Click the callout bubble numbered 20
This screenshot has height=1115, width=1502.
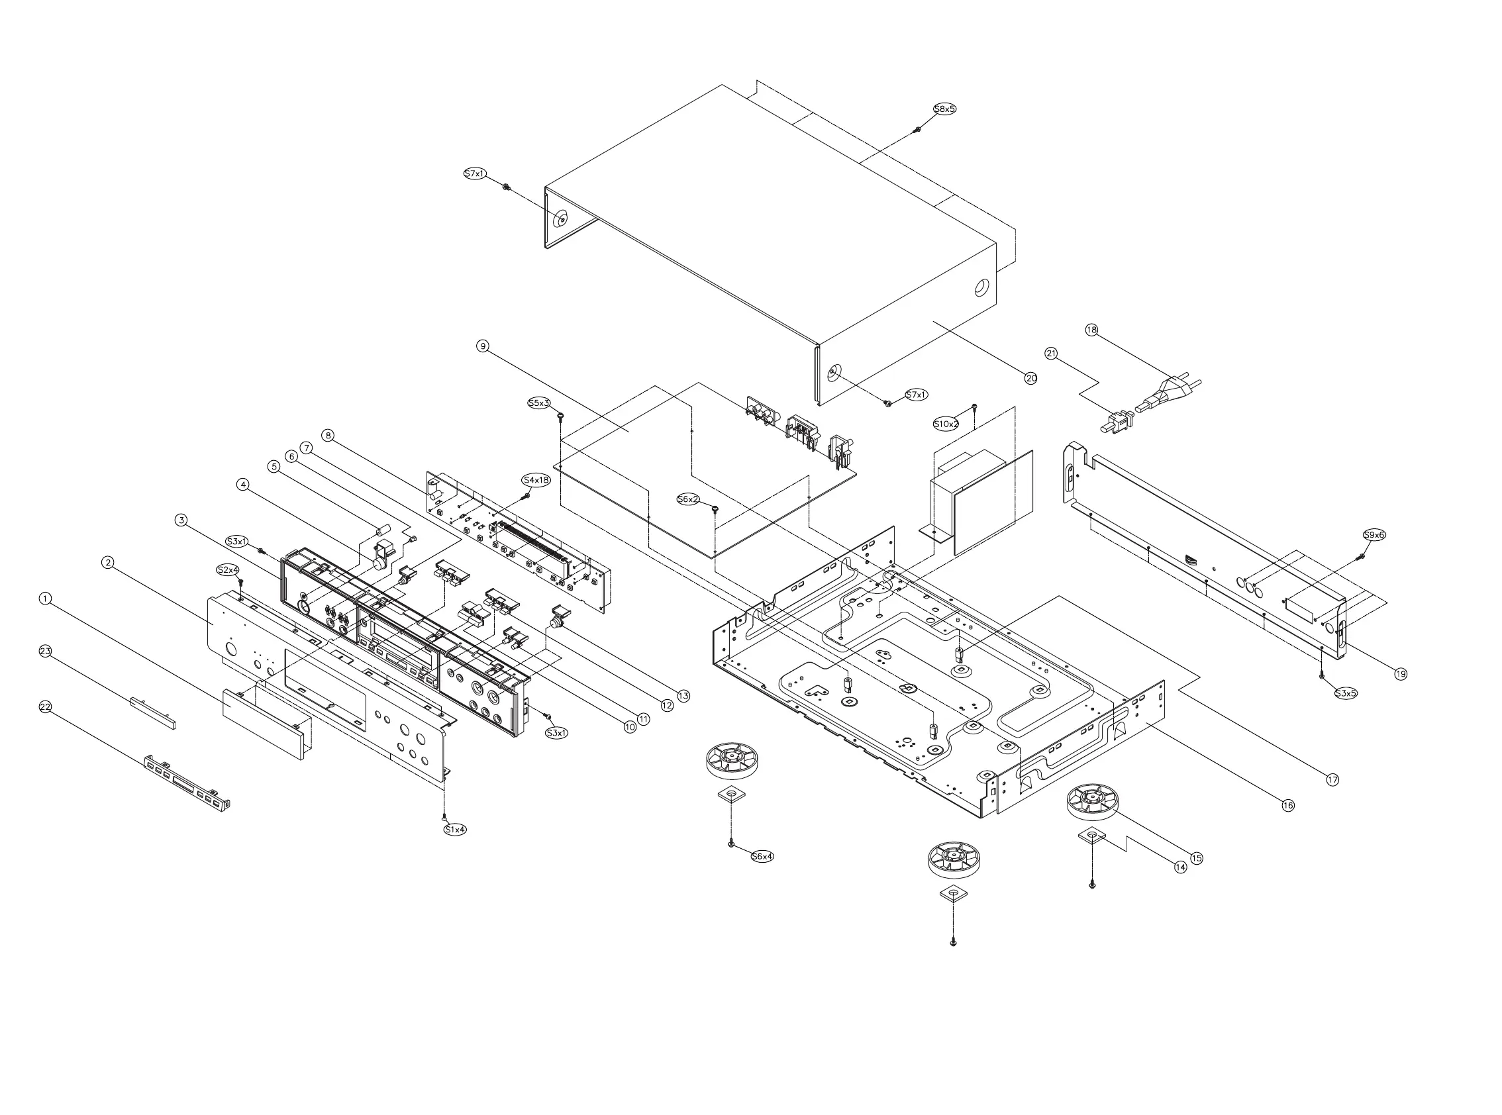tap(1031, 378)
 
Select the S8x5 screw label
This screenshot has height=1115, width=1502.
tap(944, 109)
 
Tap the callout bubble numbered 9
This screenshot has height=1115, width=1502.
tap(482, 346)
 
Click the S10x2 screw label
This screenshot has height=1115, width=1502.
tap(946, 424)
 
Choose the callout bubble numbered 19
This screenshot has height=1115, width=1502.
tap(1401, 673)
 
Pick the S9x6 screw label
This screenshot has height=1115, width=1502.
tap(1374, 534)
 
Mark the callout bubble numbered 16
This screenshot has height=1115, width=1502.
tap(1288, 805)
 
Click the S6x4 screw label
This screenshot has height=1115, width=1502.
tap(762, 857)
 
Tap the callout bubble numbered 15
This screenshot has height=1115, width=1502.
tap(1196, 859)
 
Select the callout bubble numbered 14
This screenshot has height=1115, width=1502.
tap(1180, 867)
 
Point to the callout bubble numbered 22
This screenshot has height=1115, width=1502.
tap(45, 706)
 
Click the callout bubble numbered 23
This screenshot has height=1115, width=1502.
tap(45, 652)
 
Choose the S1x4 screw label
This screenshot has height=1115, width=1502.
tap(455, 830)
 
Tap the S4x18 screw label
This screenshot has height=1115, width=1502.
tap(536, 480)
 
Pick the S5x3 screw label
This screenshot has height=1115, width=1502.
tap(538, 403)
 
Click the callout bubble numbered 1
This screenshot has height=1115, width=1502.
tap(45, 599)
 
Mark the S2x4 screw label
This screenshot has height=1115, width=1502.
tap(228, 569)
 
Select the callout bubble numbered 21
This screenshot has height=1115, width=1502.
tap(1051, 353)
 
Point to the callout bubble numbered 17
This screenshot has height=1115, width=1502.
tap(1332, 779)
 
